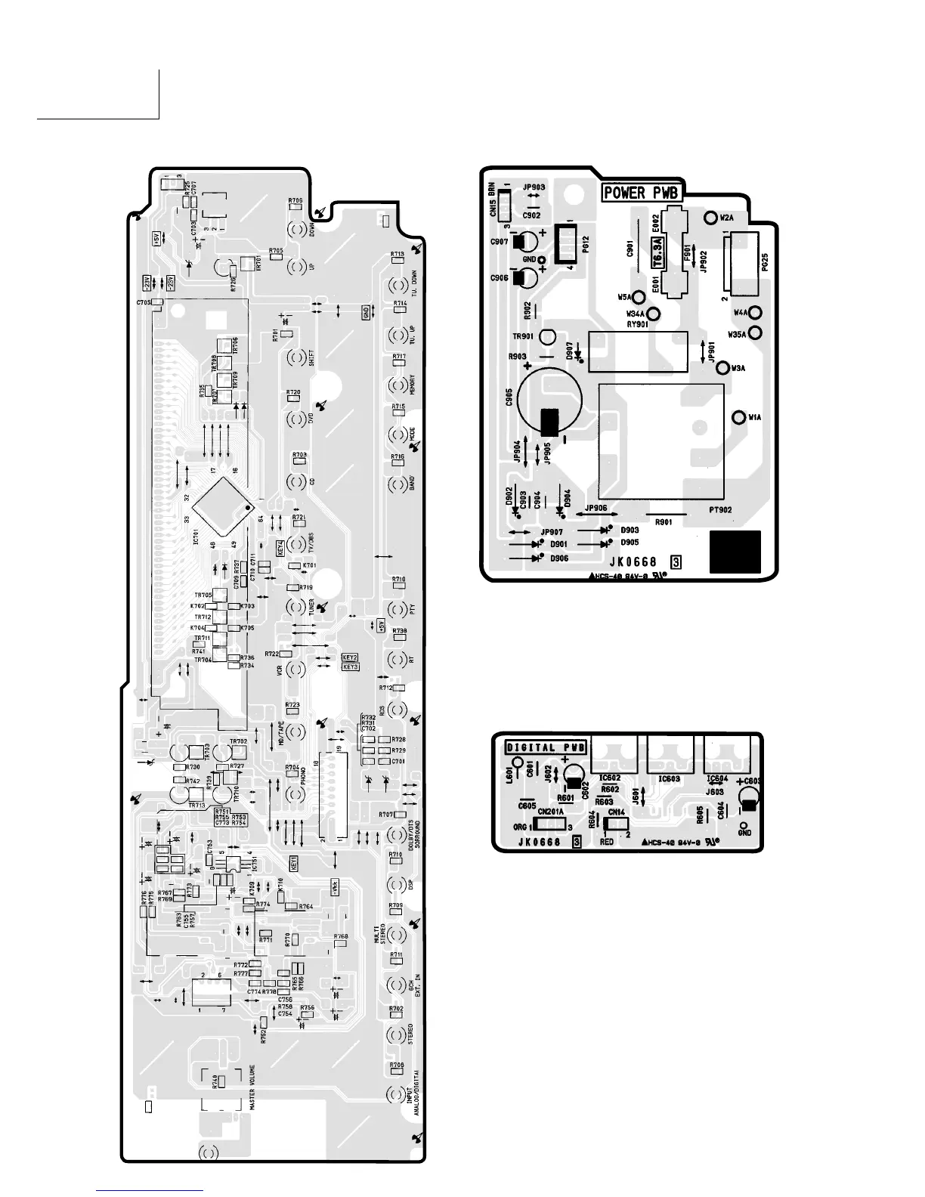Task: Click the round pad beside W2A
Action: (x=710, y=218)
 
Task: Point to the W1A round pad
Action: (x=739, y=418)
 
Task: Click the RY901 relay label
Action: (x=637, y=324)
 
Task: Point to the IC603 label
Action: (x=669, y=778)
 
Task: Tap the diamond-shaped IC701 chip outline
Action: (x=221, y=505)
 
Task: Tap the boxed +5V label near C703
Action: (x=156, y=240)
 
